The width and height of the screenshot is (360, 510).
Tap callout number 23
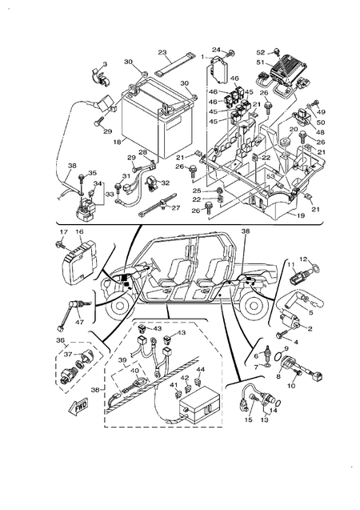point(162,53)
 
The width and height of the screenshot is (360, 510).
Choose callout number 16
point(79,231)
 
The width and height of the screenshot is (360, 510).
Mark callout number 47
point(79,322)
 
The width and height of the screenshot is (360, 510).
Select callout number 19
point(300,215)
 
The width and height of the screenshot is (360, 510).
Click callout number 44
point(201,370)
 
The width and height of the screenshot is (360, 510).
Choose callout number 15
point(248,420)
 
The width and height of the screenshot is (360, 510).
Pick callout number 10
point(290,386)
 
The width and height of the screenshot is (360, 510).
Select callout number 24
point(215,50)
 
